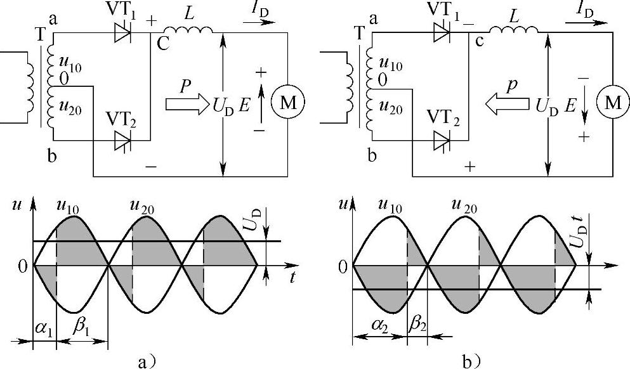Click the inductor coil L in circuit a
185,30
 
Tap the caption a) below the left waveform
147,362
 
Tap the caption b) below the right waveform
471,361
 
